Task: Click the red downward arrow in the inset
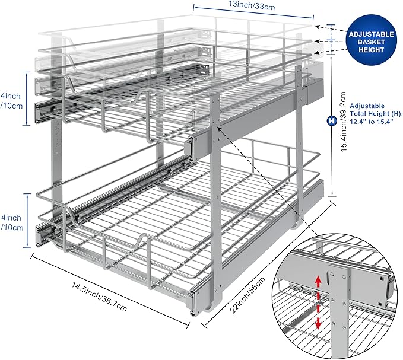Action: [x=319, y=320]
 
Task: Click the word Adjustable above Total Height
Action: [x=364, y=105]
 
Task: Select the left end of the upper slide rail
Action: [x=42, y=111]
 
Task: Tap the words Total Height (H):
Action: [x=376, y=113]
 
